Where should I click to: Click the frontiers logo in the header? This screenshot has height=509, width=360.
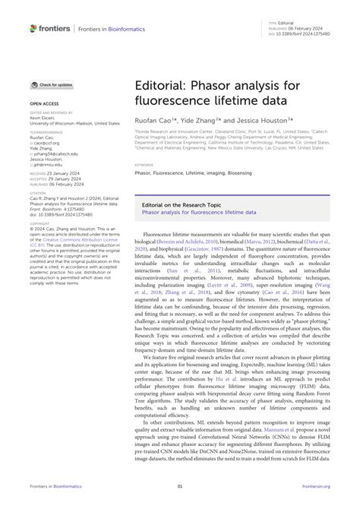coord(50,29)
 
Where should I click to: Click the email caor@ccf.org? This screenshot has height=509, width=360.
coord(47,143)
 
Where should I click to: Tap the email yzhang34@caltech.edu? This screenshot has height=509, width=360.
coord(55,153)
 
